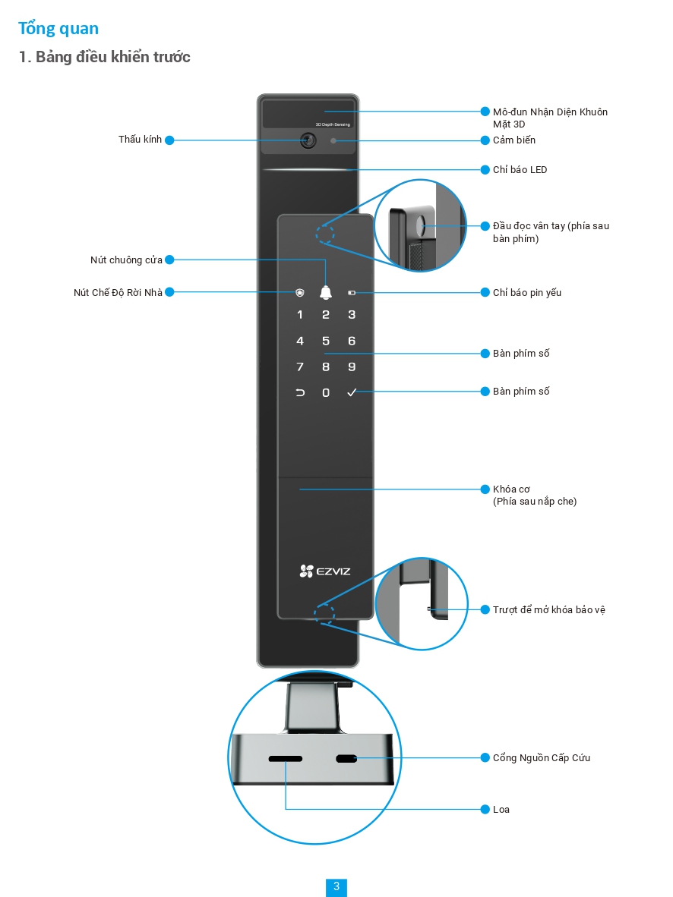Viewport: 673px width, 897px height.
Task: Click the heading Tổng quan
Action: [x=58, y=29]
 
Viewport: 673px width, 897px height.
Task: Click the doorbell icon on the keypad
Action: [x=326, y=292]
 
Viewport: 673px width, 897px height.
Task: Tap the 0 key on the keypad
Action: [x=326, y=392]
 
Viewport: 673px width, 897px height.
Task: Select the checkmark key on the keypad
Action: [x=351, y=392]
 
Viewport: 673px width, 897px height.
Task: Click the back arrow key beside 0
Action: [x=300, y=392]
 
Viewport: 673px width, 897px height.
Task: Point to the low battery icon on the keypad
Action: [x=352, y=292]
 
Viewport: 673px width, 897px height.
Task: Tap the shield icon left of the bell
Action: [x=300, y=292]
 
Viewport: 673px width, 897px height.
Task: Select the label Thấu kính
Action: [x=141, y=140]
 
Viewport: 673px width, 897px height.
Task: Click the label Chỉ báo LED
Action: [x=520, y=170]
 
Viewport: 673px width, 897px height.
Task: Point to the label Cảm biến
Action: [x=514, y=140]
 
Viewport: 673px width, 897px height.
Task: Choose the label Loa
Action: [x=501, y=810]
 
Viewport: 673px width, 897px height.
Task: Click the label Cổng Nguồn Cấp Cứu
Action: [x=541, y=758]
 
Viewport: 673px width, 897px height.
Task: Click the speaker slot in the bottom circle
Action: [x=286, y=759]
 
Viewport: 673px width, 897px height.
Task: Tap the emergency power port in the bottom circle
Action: [x=347, y=759]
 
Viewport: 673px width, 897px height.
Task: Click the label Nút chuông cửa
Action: [x=126, y=260]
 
